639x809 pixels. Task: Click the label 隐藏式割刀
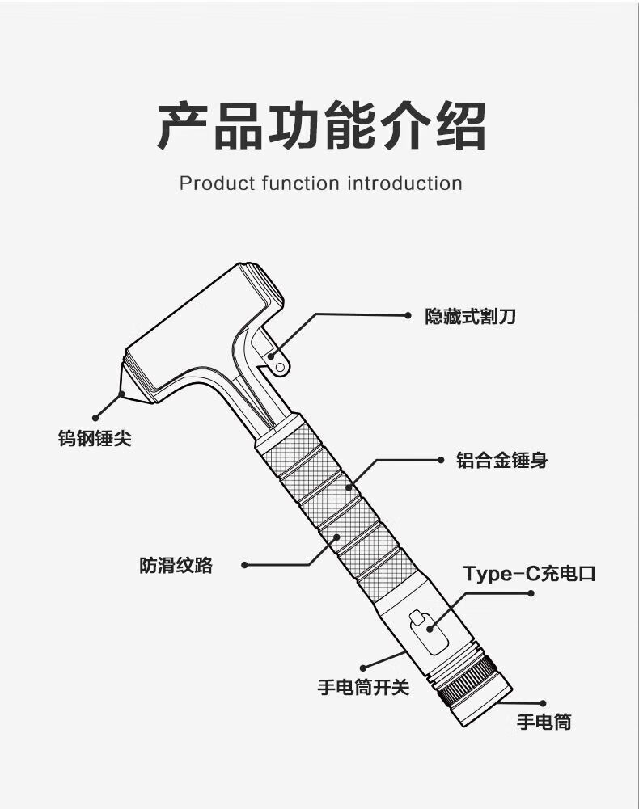coord(470,316)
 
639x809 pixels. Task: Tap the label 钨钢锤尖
coord(95,439)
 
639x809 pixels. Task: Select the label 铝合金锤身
coord(501,461)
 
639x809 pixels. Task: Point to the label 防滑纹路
coord(176,565)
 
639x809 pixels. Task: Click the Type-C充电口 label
coord(529,574)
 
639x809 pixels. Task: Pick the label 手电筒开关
coord(363,688)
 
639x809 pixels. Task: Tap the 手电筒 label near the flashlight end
coord(544,722)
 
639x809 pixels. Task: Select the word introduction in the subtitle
coord(404,183)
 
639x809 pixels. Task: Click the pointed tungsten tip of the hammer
coord(124,393)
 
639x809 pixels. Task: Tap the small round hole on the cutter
coord(281,367)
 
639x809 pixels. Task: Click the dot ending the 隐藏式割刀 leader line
coord(408,316)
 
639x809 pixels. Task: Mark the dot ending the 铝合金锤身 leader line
coord(440,460)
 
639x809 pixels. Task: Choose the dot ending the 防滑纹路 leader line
coord(245,565)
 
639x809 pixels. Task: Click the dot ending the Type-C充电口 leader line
coord(531,593)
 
